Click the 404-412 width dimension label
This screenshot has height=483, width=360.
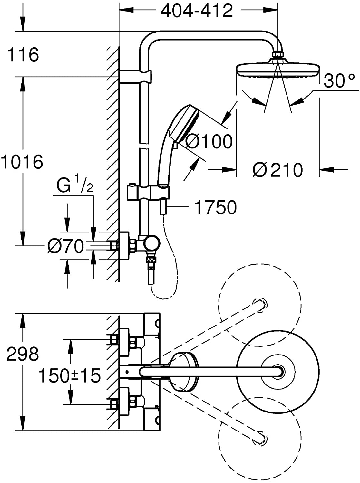[197, 12]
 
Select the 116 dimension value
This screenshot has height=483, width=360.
[23, 54]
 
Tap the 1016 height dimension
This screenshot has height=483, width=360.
[22, 162]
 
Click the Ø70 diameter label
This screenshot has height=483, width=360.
[66, 247]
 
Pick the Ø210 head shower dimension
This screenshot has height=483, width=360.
[278, 170]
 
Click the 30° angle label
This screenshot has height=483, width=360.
[339, 81]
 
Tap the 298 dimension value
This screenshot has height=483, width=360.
[23, 354]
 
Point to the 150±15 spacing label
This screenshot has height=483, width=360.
[69, 375]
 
